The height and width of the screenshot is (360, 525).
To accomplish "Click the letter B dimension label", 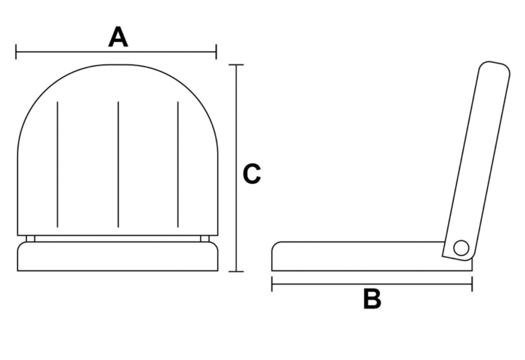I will pyautogui.click(x=372, y=299).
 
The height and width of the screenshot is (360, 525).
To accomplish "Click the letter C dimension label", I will pyautogui.click(x=251, y=174).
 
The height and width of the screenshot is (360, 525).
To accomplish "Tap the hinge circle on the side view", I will pyautogui.click(x=461, y=248).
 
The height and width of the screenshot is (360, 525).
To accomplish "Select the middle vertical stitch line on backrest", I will pyautogui.click(x=118, y=164).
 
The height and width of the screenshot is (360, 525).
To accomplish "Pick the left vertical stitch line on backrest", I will pyautogui.click(x=57, y=164).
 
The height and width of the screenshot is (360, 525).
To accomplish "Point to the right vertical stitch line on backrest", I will pyautogui.click(x=178, y=164).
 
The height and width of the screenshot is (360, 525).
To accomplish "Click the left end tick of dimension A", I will pyautogui.click(x=16, y=52).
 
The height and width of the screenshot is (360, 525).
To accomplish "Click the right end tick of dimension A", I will pyautogui.click(x=216, y=52).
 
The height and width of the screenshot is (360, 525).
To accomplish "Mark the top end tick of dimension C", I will pyautogui.click(x=236, y=64).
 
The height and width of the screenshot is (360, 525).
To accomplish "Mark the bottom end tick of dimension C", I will pyautogui.click(x=236, y=271).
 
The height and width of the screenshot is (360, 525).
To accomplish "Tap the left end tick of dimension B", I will pyautogui.click(x=272, y=284).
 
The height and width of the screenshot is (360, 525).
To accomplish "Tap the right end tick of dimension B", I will pyautogui.click(x=472, y=284).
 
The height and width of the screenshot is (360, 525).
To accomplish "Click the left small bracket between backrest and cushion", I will pyautogui.click(x=31, y=239).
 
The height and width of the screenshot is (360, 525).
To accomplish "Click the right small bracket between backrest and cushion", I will pyautogui.click(x=204, y=239).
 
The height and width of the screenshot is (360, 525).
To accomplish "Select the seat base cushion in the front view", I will pyautogui.click(x=118, y=257).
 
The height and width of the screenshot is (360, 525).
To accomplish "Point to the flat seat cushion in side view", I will pyautogui.click(x=358, y=257).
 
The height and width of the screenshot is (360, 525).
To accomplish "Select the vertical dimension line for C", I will pyautogui.click(x=236, y=120).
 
